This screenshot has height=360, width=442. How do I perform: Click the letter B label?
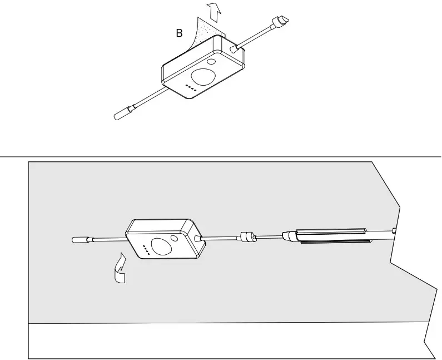tap(179, 33)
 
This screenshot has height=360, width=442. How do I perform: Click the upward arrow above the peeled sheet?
tap(212, 10)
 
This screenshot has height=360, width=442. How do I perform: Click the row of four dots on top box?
tap(191, 87)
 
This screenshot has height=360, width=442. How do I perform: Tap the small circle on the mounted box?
tap(176, 238)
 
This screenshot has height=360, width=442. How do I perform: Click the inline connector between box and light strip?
tap(246, 237)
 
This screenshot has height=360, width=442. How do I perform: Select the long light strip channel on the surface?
tap(331, 235)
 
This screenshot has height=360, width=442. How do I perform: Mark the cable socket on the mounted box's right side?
tap(198, 239)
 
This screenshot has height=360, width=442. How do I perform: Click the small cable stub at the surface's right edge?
tap(393, 229)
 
